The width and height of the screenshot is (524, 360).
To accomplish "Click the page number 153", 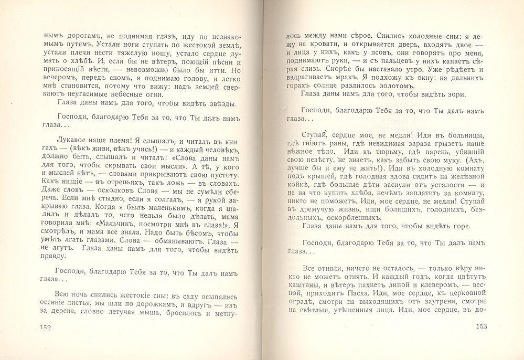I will click(x=481, y=327).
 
